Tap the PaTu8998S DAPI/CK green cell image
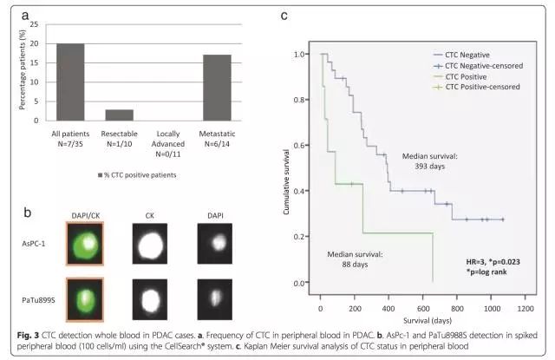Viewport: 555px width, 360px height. coord(85,300)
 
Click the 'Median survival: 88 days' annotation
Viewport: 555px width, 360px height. coord(356,259)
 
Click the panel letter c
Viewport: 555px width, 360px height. coord(284,16)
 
